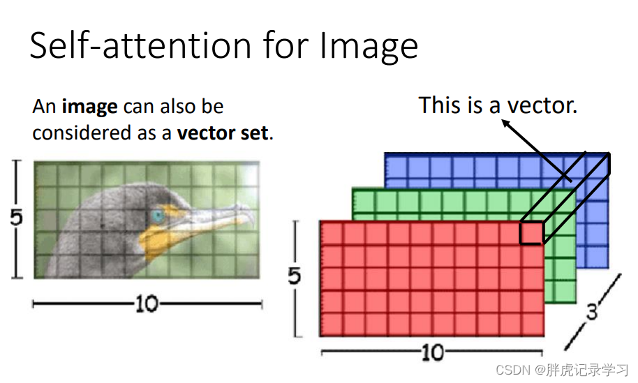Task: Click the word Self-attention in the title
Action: coord(140,45)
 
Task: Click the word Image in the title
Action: coord(369,47)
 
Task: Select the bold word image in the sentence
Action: coord(89,107)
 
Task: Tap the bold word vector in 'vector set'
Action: coord(207,133)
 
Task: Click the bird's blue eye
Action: coord(158,216)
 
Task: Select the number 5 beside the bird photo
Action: coord(16,218)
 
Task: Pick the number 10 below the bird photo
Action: coord(147,303)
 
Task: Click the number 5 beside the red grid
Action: coord(294,276)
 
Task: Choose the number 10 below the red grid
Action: coord(433,352)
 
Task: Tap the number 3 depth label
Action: coord(592,313)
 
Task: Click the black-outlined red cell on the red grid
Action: coord(532,233)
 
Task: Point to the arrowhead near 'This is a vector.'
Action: coord(506,123)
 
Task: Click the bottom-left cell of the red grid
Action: coord(332,324)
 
